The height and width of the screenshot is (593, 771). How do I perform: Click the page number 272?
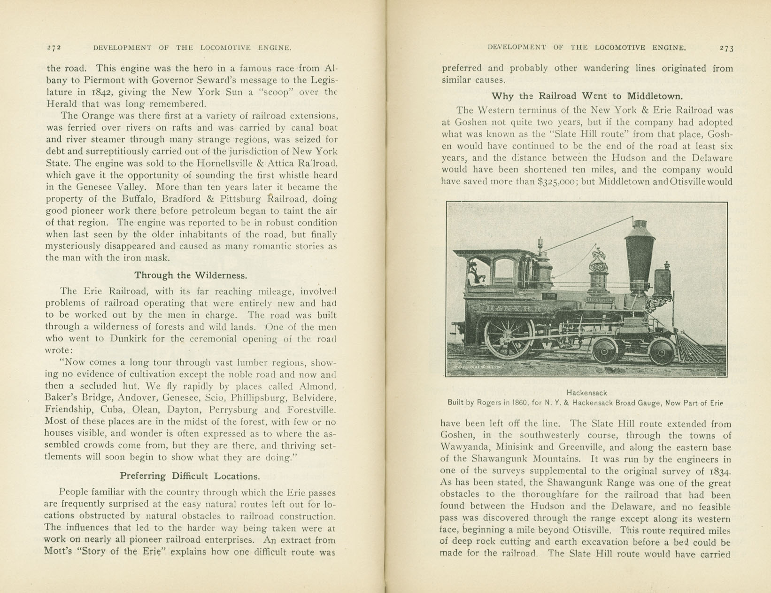click(x=54, y=47)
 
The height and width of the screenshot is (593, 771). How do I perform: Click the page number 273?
click(x=726, y=48)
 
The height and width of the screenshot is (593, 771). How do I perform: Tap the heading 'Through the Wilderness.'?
click(x=191, y=275)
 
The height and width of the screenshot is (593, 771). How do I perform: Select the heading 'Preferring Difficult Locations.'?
click(x=190, y=476)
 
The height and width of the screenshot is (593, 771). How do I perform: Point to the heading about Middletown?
click(x=587, y=96)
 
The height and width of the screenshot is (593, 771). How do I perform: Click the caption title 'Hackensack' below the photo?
click(x=586, y=392)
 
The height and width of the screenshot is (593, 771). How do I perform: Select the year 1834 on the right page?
click(x=720, y=471)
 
